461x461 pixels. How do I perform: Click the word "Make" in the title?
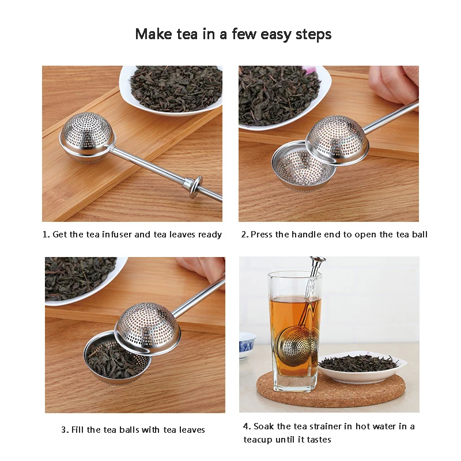153,34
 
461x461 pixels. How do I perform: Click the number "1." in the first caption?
46,235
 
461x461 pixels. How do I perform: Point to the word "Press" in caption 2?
262,235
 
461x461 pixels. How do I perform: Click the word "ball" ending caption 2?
420,235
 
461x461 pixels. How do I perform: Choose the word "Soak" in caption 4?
264,426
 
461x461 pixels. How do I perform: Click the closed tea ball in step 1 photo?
87,138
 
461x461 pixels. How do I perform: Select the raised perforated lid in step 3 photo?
148,328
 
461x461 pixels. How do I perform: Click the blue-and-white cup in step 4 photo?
247,345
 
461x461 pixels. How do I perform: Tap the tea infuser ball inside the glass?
297,345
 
